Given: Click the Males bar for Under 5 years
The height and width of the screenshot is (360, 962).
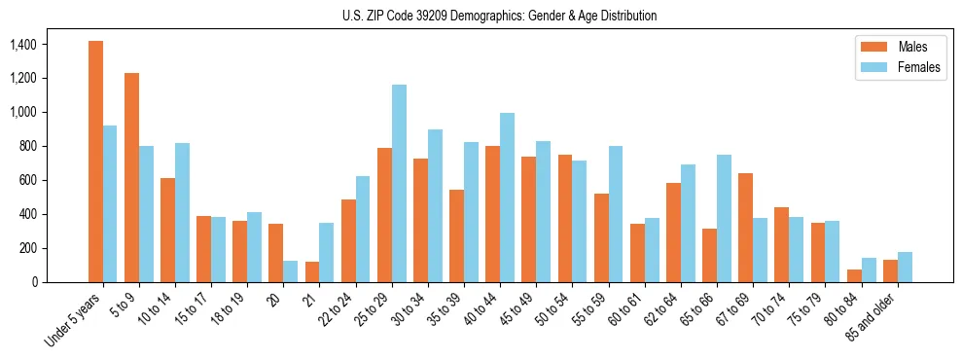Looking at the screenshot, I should tap(95, 162).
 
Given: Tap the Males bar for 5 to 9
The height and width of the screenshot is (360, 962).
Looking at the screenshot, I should tap(131, 177).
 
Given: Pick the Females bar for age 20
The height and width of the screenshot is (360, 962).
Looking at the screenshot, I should tap(291, 271).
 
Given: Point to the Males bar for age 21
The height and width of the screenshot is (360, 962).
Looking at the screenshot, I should tap(312, 271).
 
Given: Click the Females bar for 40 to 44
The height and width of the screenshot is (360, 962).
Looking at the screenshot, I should tap(508, 198).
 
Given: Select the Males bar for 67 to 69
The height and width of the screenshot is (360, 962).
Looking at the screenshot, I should tap(746, 228).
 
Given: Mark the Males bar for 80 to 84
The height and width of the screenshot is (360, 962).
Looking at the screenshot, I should tap(854, 275).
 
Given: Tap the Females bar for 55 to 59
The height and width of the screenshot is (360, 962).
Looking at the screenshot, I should tap(616, 214).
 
